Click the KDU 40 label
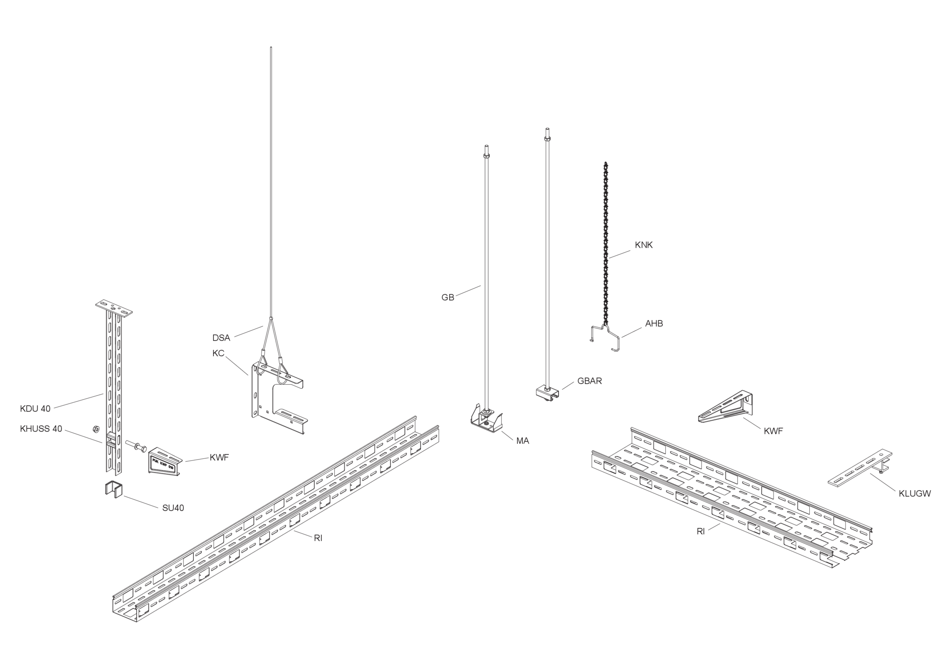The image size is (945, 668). click(x=35, y=409)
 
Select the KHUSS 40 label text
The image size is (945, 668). click(x=41, y=429)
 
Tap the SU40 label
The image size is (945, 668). click(x=173, y=508)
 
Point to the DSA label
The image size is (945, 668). click(x=221, y=338)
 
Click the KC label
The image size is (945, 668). click(x=218, y=353)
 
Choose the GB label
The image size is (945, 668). click(x=448, y=298)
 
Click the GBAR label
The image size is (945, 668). click(x=589, y=381)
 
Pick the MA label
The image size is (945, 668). click(x=522, y=441)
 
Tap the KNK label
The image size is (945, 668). click(x=644, y=245)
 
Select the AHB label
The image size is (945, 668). click(x=654, y=323)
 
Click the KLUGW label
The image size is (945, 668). click(x=915, y=494)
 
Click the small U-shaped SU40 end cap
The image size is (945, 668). click(x=113, y=489)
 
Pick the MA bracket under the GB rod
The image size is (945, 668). click(x=486, y=421)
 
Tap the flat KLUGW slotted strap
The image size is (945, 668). click(x=860, y=468)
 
